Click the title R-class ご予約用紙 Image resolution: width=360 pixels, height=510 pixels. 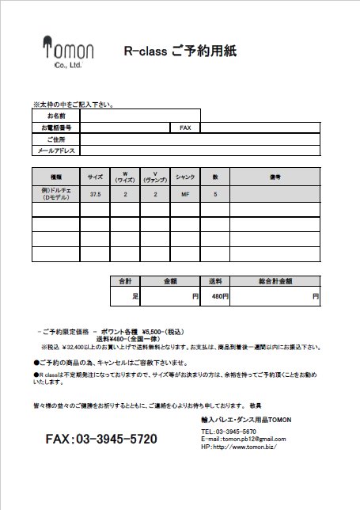tap(180, 51)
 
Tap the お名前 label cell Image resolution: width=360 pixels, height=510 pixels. tap(56, 116)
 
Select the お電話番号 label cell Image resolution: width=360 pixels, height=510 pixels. tap(56, 127)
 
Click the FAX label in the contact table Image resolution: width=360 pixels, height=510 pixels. tap(186, 127)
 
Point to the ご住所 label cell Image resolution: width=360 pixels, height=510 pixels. tap(56, 139)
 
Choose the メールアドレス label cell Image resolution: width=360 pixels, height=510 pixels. tap(56, 150)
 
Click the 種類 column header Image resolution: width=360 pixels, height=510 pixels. tap(55, 176)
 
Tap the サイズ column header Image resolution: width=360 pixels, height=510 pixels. tap(95, 176)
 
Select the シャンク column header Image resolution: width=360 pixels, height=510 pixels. tap(185, 176)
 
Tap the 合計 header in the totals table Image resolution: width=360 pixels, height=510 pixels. tap(125, 281)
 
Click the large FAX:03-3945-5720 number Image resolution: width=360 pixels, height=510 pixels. tap(101, 439)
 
